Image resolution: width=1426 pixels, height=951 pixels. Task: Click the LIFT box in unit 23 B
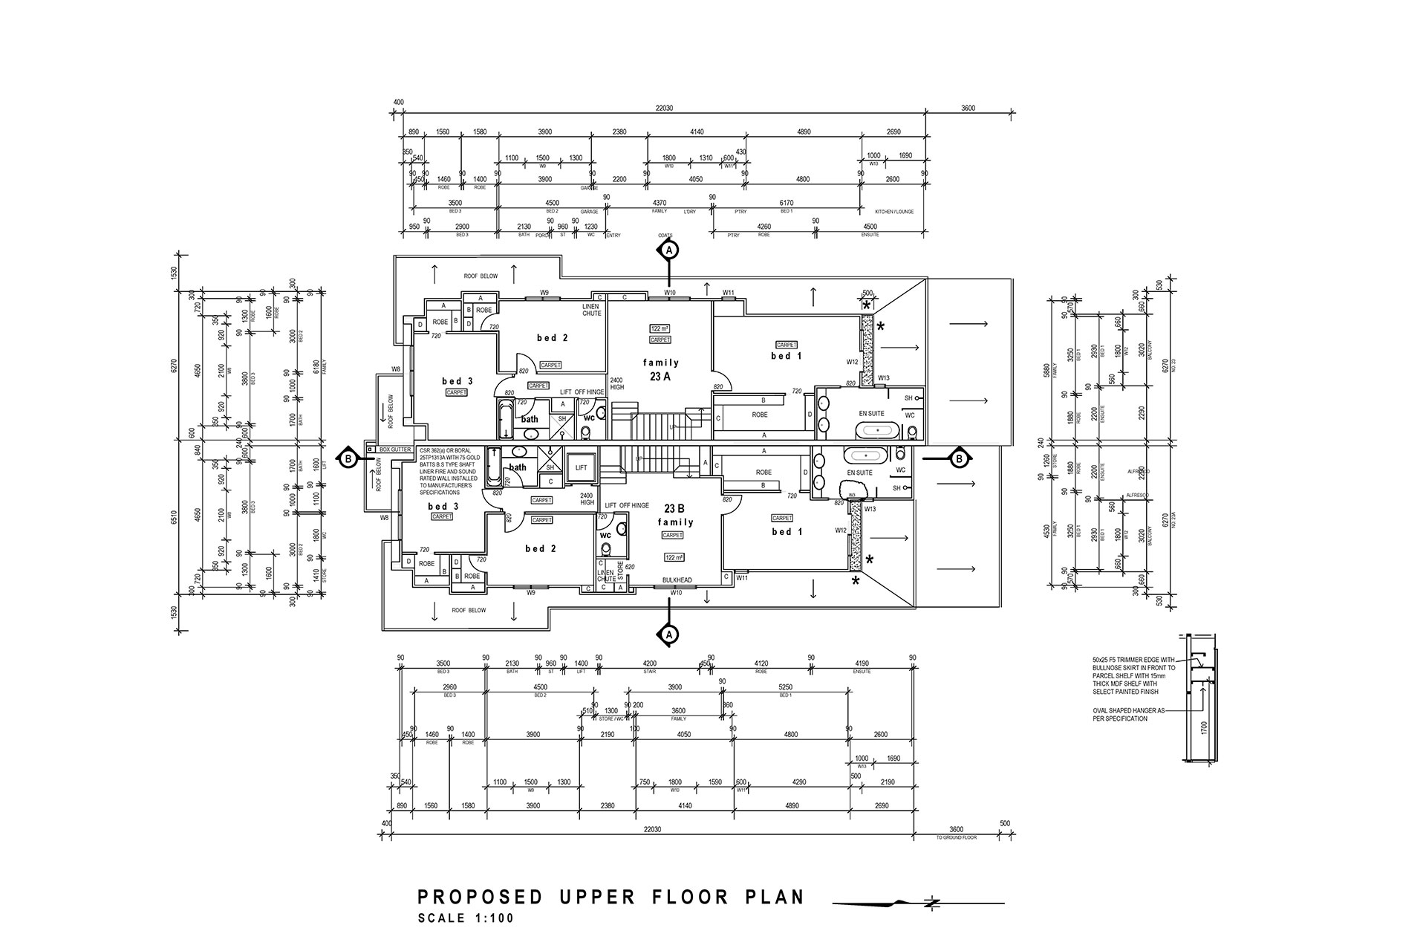click(582, 468)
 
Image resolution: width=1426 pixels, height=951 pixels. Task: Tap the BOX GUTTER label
click(394, 449)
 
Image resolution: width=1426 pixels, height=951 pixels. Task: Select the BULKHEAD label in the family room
click(677, 580)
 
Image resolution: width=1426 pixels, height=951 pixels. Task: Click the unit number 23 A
click(660, 377)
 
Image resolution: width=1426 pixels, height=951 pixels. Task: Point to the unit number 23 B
click(674, 509)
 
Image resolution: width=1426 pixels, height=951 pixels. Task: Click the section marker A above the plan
click(669, 250)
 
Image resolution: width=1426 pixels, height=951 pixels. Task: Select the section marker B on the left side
click(348, 459)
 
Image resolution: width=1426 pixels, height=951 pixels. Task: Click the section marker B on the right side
click(959, 458)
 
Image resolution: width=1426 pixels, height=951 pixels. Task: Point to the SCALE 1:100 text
click(466, 918)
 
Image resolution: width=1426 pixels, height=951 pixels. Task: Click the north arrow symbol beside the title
click(932, 903)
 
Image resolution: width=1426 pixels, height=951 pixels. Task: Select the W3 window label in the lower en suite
click(852, 495)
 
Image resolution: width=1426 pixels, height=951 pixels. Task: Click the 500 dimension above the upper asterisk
click(867, 293)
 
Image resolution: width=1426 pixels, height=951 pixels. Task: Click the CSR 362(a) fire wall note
click(450, 472)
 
